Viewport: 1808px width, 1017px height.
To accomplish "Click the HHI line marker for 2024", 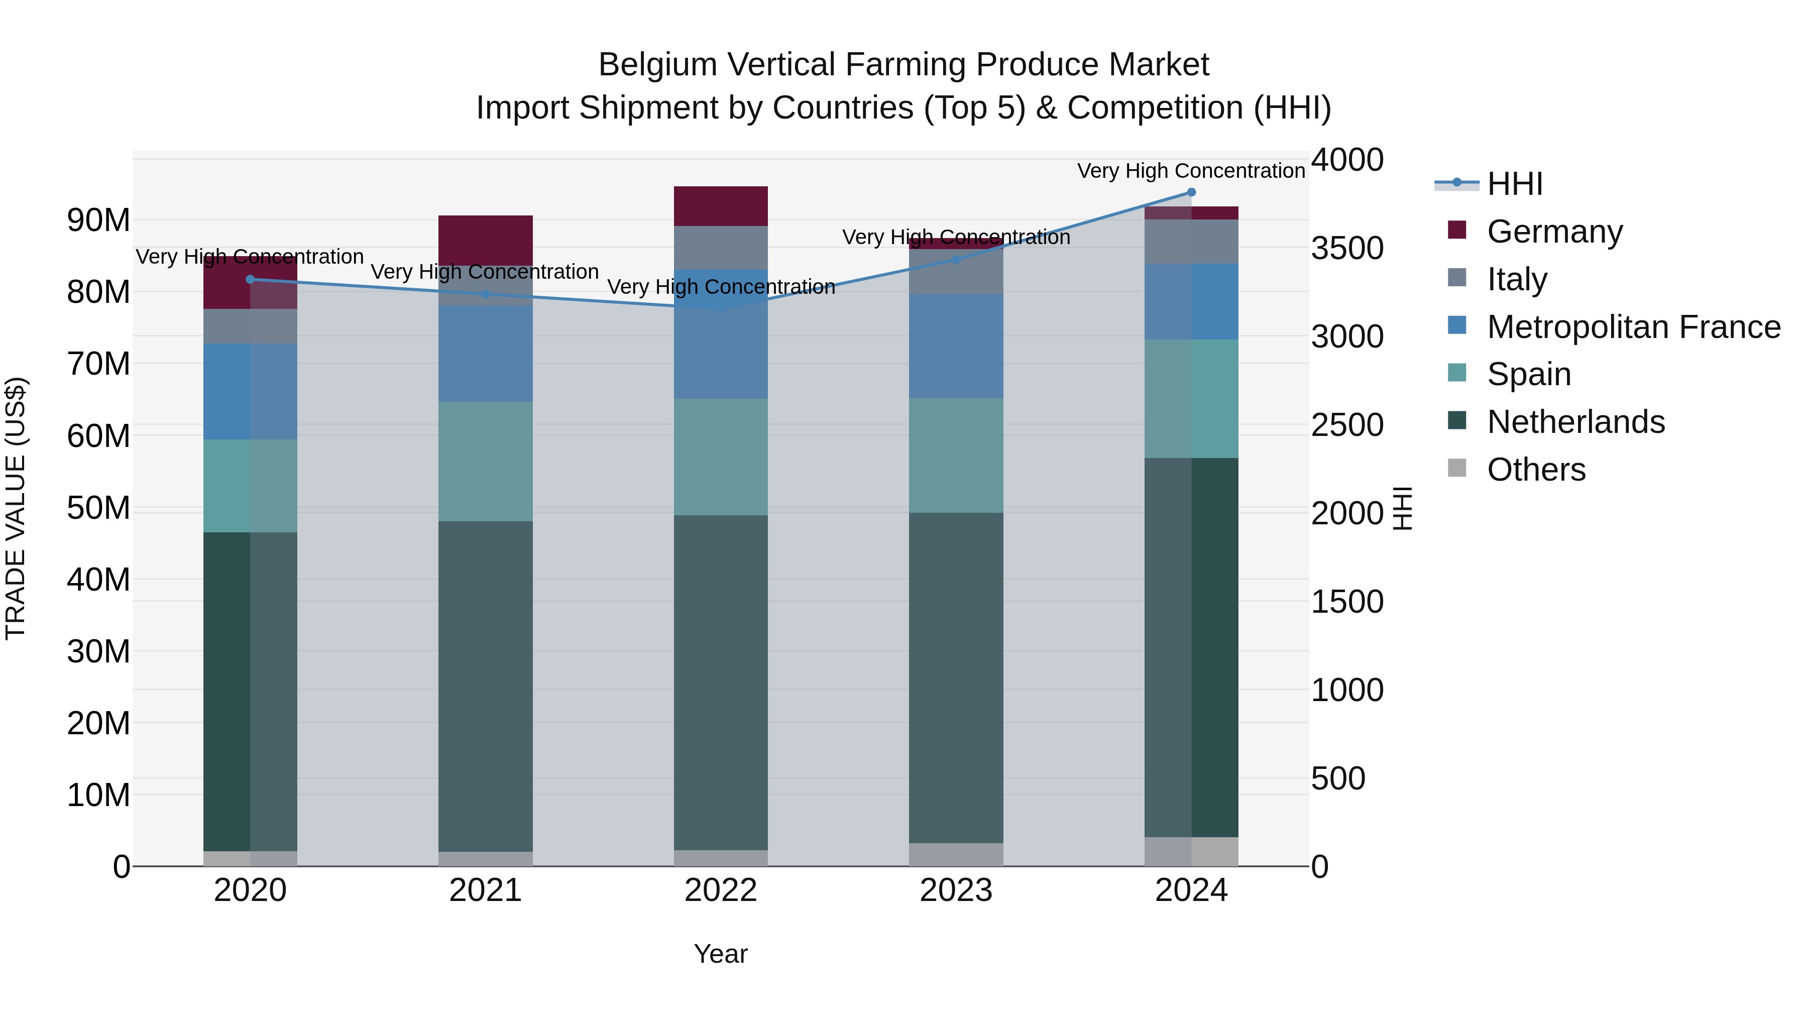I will (x=1191, y=192).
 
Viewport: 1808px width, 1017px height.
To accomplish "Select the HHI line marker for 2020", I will (x=251, y=279).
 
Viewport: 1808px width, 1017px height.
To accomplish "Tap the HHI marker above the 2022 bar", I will (x=721, y=308).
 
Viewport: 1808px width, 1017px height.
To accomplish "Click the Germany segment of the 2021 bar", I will (x=486, y=240).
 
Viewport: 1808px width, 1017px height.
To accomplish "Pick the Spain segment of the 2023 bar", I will (x=956, y=456).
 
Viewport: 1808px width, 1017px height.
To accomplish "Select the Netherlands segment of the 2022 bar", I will (x=721, y=682).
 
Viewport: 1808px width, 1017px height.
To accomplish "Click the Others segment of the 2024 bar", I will (x=1191, y=851).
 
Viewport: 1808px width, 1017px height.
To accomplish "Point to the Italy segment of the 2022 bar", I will (x=721, y=247).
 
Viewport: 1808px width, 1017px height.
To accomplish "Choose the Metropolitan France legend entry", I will (x=1633, y=327).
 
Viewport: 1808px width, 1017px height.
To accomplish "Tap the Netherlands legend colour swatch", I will (x=1457, y=421).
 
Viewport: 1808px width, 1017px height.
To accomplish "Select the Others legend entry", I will (x=1536, y=470).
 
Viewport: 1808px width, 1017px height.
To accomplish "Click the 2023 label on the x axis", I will (x=956, y=890).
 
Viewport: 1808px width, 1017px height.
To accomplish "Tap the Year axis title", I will (x=721, y=954).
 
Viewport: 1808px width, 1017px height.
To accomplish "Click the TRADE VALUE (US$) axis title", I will (x=16, y=508).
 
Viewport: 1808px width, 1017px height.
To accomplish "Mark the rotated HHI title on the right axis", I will (x=1402, y=508).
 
